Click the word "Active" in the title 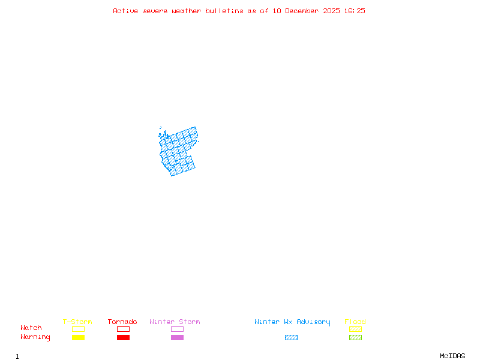[126, 11]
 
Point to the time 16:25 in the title [354, 11]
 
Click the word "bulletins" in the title [224, 11]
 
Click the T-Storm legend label [77, 322]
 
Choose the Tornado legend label [122, 322]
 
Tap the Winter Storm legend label [175, 322]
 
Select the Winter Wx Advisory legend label [292, 322]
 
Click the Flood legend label [355, 322]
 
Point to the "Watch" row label [31, 328]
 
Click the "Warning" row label [35, 337]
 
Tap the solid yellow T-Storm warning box [78, 338]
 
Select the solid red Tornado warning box [123, 338]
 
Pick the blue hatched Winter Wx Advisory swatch [291, 338]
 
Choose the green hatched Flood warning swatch [355, 338]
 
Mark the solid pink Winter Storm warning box [177, 338]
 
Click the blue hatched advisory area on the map [179, 153]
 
